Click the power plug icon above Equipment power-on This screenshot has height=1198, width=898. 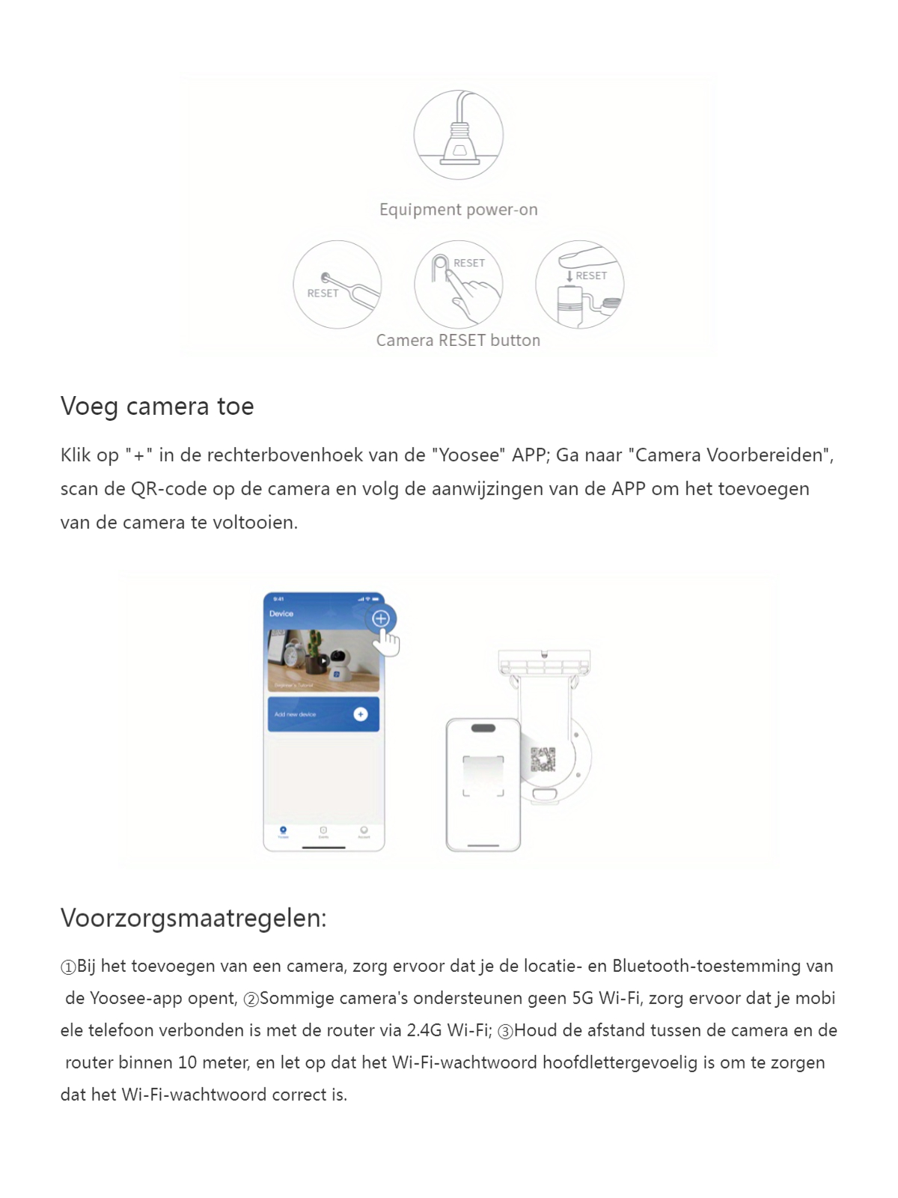(x=458, y=136)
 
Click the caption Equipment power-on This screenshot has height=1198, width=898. (x=458, y=210)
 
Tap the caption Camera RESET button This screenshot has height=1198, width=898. (x=458, y=341)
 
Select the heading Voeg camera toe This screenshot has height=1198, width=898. (x=157, y=407)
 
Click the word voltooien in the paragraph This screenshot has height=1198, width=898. (x=254, y=523)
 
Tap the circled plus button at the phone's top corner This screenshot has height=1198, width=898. (x=381, y=618)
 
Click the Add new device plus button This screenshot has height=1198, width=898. (x=360, y=714)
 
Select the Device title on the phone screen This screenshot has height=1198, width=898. (x=281, y=614)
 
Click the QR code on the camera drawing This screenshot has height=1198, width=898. (x=543, y=759)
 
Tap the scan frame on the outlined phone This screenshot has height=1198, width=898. (x=483, y=776)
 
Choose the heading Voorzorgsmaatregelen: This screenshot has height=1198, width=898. (x=193, y=918)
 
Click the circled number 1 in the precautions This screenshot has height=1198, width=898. (x=68, y=967)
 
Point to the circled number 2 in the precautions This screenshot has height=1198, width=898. (x=251, y=1000)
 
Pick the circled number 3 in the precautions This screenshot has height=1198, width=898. (x=505, y=1032)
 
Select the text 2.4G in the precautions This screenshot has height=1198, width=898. (x=424, y=1031)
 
